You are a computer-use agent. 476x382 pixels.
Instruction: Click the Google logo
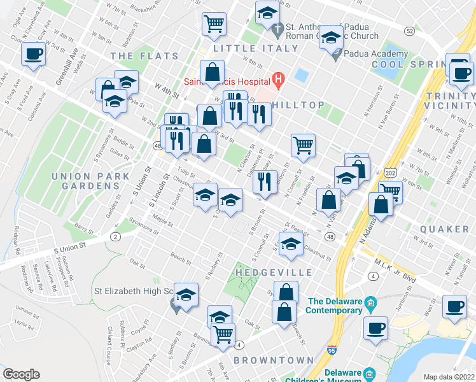pos(22,374)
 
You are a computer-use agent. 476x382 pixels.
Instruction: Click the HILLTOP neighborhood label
pos(298,104)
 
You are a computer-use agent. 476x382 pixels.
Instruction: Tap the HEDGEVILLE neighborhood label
pos(274,272)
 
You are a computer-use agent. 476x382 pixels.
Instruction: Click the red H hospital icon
pos(277,80)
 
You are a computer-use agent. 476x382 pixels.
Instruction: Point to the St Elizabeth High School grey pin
pos(174,308)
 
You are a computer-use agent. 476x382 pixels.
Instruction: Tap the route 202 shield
pos(390,173)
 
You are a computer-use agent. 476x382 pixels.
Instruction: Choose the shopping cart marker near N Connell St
pos(304,145)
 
